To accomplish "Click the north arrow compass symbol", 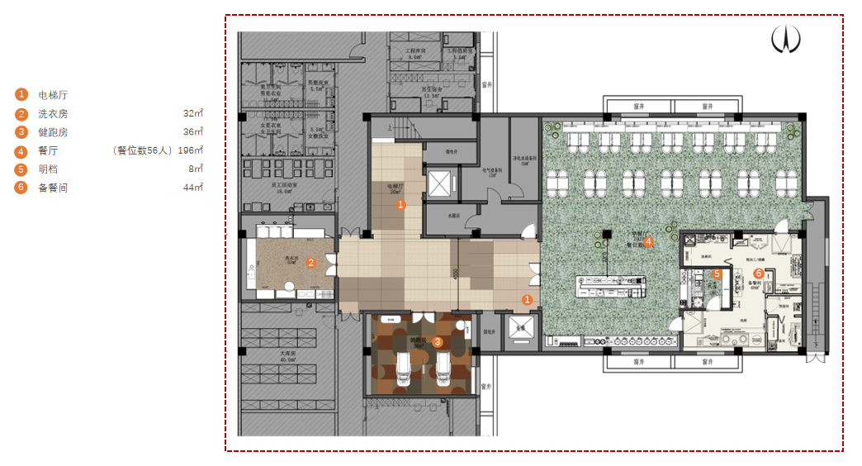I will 786,38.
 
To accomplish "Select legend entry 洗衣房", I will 53,114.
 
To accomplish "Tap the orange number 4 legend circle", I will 21,151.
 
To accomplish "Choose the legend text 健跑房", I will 53,132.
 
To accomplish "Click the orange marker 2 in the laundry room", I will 311,263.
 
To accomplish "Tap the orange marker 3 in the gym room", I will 438,340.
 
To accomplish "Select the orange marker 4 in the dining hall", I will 649,241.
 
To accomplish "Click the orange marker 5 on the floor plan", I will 717,273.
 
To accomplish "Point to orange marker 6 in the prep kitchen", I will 759,273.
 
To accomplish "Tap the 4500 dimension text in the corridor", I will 455,275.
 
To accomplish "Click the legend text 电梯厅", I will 53,95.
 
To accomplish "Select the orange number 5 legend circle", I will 21,169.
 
